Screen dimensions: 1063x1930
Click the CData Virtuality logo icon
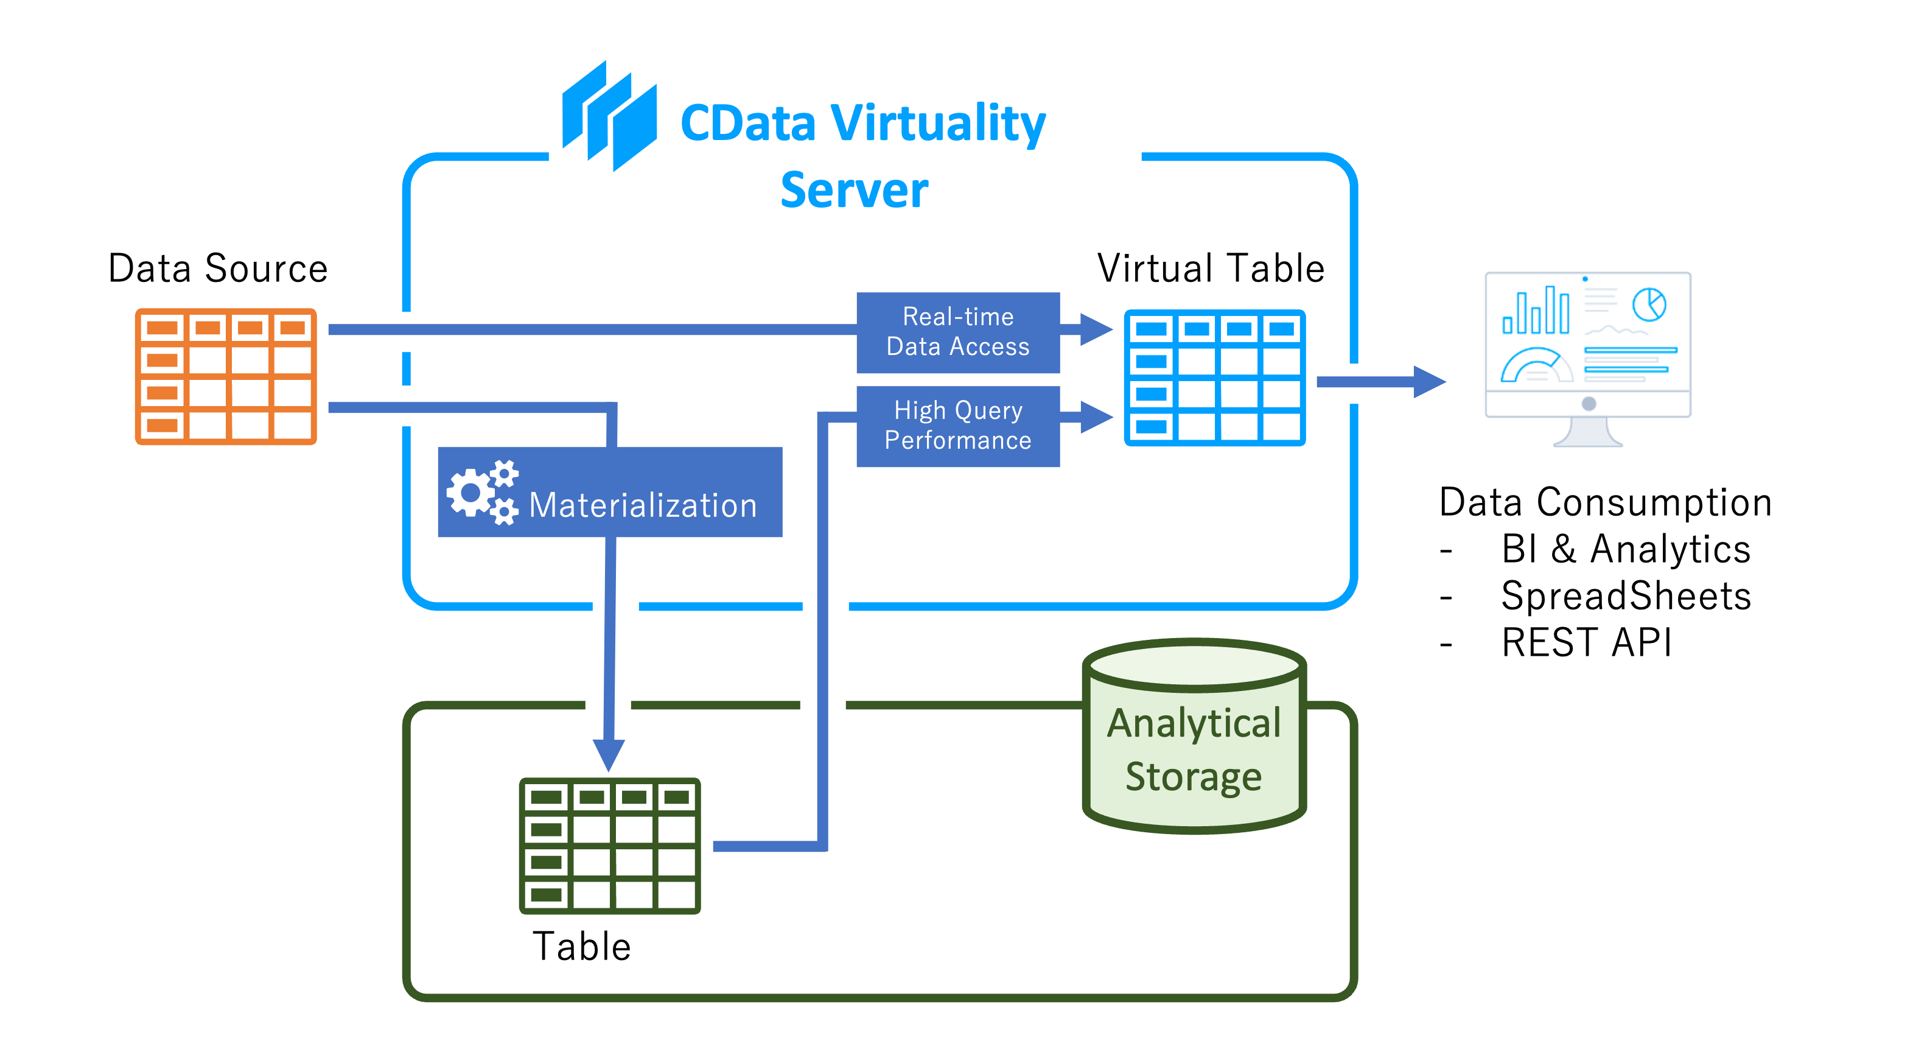pos(609,116)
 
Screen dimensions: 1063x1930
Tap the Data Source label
pos(218,268)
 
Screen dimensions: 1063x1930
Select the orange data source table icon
pos(226,376)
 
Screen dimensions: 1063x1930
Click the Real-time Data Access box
pos(957,332)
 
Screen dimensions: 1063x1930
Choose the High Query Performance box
pos(957,426)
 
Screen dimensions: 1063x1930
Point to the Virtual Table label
pos(1211,268)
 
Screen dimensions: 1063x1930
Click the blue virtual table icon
pos(1214,377)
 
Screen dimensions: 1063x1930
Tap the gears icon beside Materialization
pos(482,493)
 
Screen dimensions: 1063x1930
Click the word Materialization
pos(643,505)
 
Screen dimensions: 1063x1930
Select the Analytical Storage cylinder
pos(1194,737)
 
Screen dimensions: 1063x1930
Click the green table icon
pos(610,846)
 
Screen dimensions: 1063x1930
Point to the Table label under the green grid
pos(582,946)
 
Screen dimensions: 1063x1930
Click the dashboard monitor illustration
pos(1587,359)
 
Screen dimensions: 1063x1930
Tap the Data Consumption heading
pos(1606,502)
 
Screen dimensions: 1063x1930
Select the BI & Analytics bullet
pos(1626,549)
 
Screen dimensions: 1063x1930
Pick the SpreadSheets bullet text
pos(1626,596)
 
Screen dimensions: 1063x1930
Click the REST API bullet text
pos(1586,642)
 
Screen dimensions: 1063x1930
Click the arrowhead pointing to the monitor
pos(1430,382)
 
